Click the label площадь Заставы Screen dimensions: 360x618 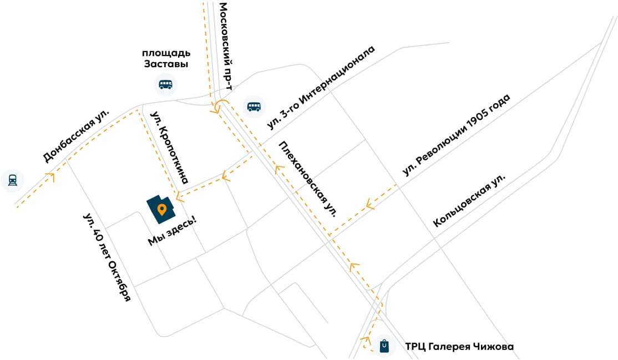point(166,58)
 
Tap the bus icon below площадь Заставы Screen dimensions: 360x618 point(165,84)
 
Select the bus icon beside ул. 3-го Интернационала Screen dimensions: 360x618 point(254,107)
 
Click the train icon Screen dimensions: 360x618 point(12,180)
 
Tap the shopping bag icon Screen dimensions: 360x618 point(384,346)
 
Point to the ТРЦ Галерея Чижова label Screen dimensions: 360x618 point(459,347)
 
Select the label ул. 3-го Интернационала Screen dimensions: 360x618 point(322,89)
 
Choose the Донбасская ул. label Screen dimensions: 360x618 point(76,136)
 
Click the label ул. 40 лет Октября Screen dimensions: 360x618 point(107,256)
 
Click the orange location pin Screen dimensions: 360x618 point(161,210)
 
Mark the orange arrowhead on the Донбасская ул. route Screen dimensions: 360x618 point(51,177)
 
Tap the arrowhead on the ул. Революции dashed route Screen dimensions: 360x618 point(369,205)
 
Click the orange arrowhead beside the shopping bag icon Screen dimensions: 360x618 point(365,339)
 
